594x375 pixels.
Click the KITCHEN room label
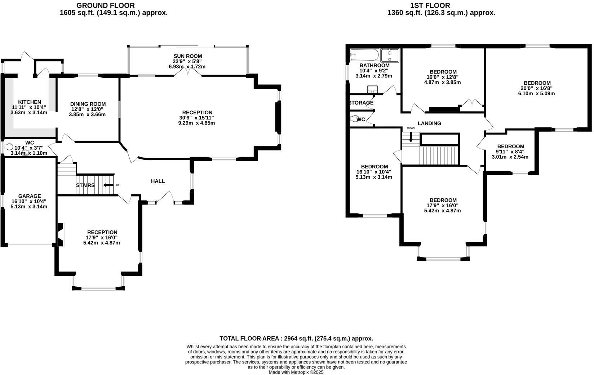pos(30,102)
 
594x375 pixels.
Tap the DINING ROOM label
pos(88,104)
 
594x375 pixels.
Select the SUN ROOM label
pos(187,56)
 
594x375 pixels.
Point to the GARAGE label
pos(30,196)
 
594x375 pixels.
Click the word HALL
pos(158,181)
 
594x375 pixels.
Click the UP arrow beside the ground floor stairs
pos(107,185)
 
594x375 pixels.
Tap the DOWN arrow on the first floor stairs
pos(411,137)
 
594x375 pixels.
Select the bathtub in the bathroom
pos(364,56)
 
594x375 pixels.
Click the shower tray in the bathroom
pos(390,56)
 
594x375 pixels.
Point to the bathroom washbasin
pos(371,89)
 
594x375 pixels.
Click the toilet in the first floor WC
pos(354,119)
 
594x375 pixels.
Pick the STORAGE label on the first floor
pos(361,103)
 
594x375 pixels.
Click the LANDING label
pos(429,123)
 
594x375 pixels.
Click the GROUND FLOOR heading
pos(106,5)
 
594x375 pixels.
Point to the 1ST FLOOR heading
pos(430,5)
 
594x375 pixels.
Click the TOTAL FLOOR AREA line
pos(296,339)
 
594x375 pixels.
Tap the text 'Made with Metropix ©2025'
pos(296,372)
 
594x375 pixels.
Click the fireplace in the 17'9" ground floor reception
pos(61,235)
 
